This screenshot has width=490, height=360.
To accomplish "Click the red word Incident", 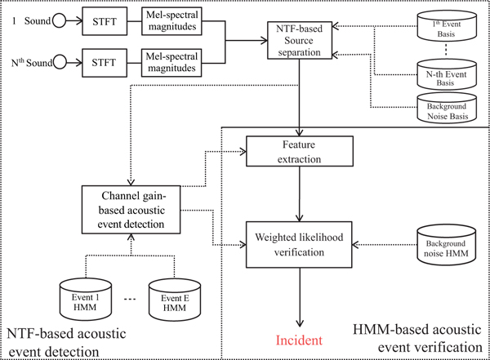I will point(299,339).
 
